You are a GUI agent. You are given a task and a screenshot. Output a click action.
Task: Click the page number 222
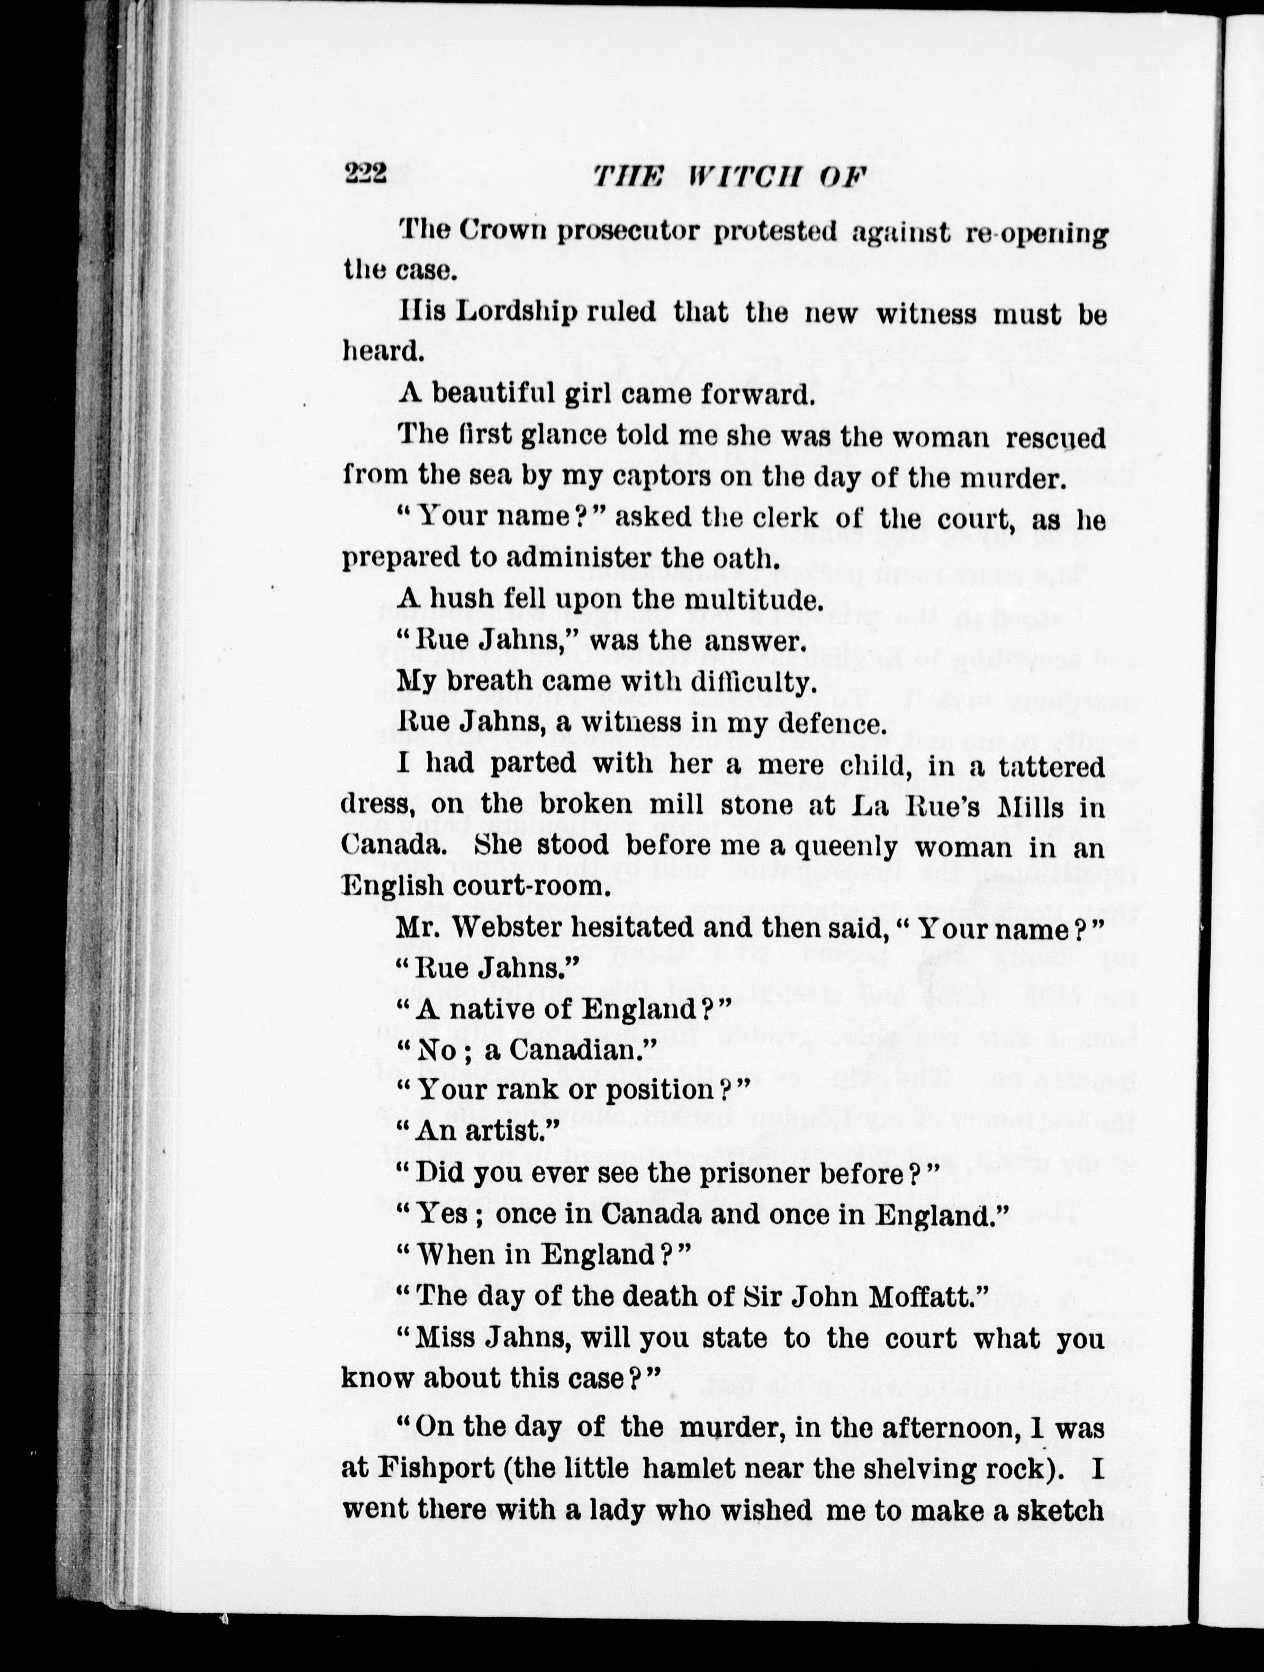366,175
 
